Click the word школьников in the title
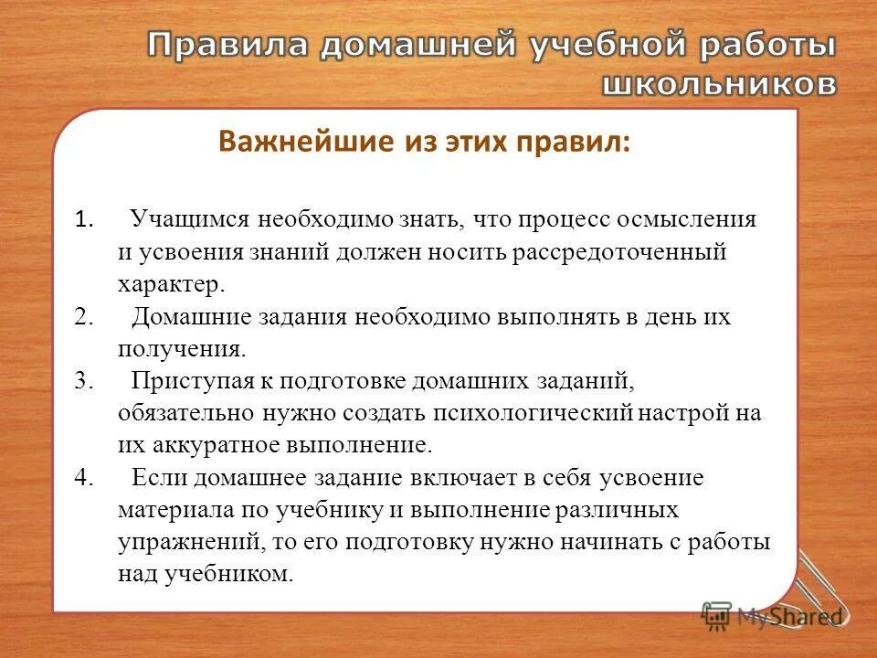click(x=717, y=83)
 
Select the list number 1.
click(x=83, y=220)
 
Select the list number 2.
click(x=85, y=316)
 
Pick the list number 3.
click(x=85, y=381)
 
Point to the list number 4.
click(x=85, y=478)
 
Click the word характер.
click(x=170, y=284)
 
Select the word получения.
click(x=181, y=348)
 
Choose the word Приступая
click(x=186, y=381)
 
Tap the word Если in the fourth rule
click(x=156, y=478)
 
